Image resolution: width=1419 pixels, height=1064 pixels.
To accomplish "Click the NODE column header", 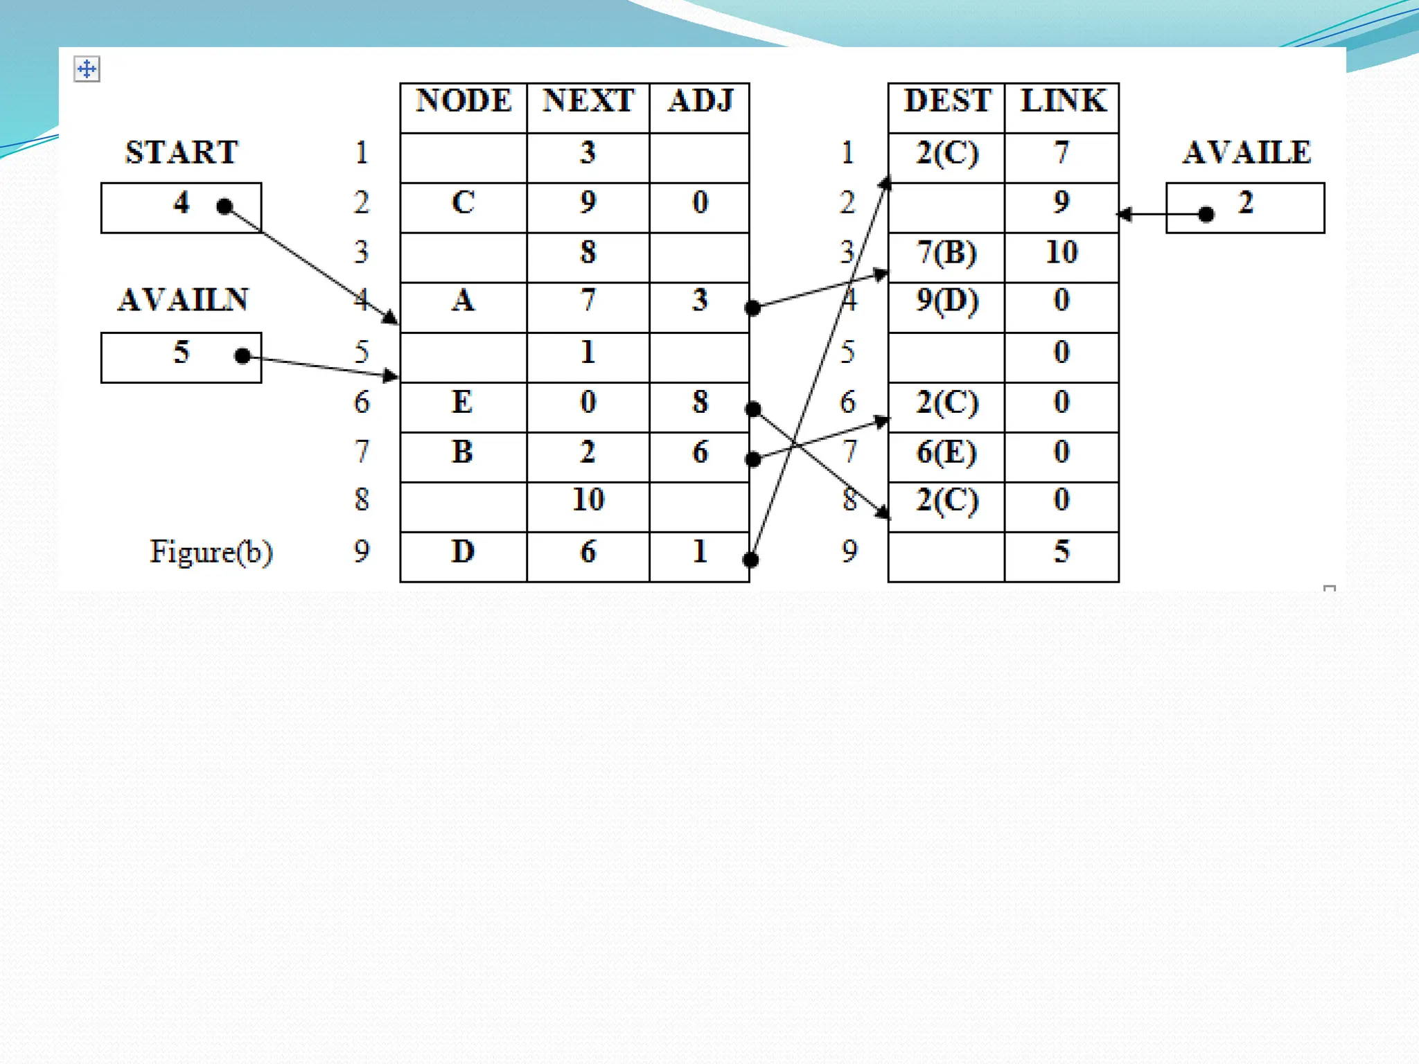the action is (x=463, y=101).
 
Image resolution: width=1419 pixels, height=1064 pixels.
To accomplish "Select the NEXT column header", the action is (x=588, y=101).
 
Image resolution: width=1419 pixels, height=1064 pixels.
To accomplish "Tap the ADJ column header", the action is (x=700, y=101).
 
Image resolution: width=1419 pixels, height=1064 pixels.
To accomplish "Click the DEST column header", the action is (x=946, y=101).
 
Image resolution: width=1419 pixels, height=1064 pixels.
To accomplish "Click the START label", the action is (x=182, y=152).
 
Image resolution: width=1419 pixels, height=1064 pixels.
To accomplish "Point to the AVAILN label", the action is (x=183, y=300).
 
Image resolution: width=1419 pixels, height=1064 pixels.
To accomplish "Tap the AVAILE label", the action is (x=1246, y=152).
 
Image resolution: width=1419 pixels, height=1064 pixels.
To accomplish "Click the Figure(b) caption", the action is (x=211, y=552).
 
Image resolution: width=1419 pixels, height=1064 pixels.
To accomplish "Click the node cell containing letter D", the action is (x=463, y=552).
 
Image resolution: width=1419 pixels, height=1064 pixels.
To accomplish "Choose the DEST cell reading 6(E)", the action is (x=946, y=452).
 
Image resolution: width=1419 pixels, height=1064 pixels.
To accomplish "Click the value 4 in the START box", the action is (x=181, y=203).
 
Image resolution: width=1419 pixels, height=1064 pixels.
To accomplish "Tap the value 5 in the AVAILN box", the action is (x=181, y=353).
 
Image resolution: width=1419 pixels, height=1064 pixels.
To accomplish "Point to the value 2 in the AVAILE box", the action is (x=1246, y=203).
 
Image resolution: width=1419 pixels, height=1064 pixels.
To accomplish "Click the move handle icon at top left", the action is (x=87, y=69).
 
